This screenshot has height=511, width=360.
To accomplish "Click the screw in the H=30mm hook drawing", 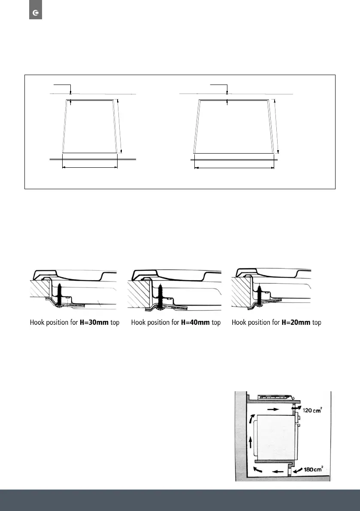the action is (x=60, y=292).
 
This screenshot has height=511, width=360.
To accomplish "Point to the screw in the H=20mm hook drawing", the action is (x=259, y=292).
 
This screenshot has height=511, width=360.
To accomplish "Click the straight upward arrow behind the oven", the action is (x=250, y=441).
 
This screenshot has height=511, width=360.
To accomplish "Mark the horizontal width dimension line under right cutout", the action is (x=234, y=168).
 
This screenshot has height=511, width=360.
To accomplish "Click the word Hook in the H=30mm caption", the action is (x=38, y=323).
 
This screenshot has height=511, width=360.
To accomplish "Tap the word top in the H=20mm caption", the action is (x=316, y=323).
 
